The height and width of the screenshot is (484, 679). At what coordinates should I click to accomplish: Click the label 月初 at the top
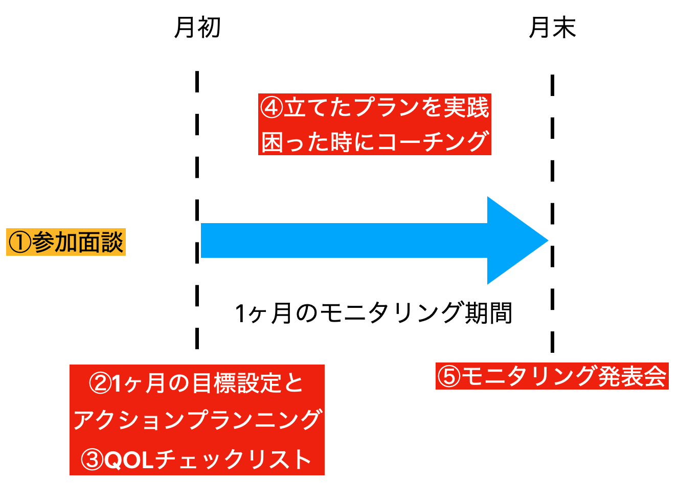coord(197,28)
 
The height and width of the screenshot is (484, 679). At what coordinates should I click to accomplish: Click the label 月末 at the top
coord(552,28)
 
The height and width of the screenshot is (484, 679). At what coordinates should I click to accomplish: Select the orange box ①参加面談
coord(66,242)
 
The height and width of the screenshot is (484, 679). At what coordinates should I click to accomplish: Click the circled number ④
coord(271,108)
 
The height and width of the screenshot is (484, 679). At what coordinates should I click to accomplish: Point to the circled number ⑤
coord(448,377)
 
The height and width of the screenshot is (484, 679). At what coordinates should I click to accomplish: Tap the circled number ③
coord(93,460)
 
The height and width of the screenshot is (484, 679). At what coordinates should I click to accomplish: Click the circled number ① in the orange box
coord(20,243)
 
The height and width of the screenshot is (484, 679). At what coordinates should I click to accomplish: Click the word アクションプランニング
coord(197,421)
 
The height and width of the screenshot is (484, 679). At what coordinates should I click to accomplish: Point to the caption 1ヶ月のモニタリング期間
coord(373,313)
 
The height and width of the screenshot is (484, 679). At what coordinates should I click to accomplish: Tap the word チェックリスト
coord(233,460)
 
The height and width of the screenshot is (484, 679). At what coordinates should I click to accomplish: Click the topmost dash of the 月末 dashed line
coord(552,84)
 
